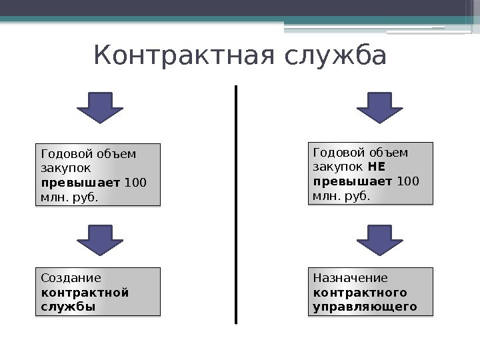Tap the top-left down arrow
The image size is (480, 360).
pos(99,107)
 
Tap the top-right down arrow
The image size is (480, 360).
pos(380,107)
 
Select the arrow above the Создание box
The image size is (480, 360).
pos(99,241)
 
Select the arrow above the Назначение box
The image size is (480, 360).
pos(380,241)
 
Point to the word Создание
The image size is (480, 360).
pos(71,278)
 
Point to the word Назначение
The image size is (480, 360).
pos(350,278)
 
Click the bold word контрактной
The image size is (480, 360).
pos(85,293)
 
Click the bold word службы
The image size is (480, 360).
pos(68,307)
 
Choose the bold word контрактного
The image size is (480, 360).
pos(360,293)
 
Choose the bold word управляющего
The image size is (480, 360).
pos(365,307)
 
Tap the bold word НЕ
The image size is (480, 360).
pos(377,167)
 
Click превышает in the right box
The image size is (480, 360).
pos(353,181)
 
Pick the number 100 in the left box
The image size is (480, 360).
pos(136,182)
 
